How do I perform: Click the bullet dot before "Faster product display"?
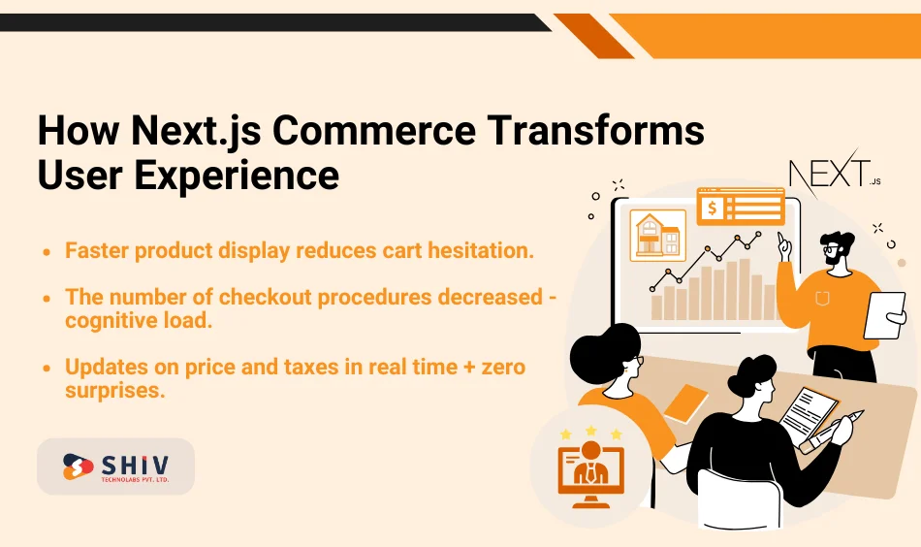coord(48,251)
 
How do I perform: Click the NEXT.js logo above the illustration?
coord(833,176)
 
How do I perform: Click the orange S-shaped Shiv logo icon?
coord(78,467)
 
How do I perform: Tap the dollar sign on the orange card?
coord(713,207)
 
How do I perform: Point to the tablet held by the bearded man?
coord(883,314)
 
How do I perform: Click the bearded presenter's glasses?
coord(832,250)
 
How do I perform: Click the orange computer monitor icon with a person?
coord(590,470)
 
